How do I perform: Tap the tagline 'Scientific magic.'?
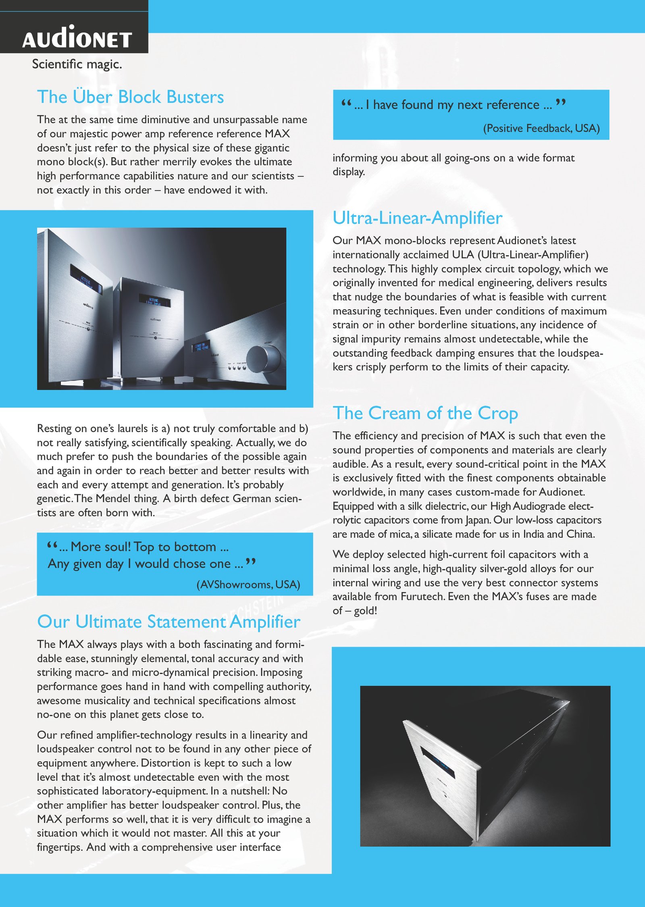(x=77, y=64)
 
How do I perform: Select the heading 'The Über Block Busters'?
(x=130, y=97)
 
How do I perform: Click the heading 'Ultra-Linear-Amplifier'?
(x=417, y=218)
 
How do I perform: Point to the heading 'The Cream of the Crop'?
(x=425, y=414)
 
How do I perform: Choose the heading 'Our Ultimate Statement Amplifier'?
(x=169, y=622)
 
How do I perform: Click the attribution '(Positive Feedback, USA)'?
(x=541, y=128)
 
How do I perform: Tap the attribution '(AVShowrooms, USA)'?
(x=248, y=585)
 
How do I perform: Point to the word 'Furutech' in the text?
(x=422, y=597)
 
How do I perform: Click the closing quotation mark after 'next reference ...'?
(x=561, y=103)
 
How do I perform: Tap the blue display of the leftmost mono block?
(x=86, y=279)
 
